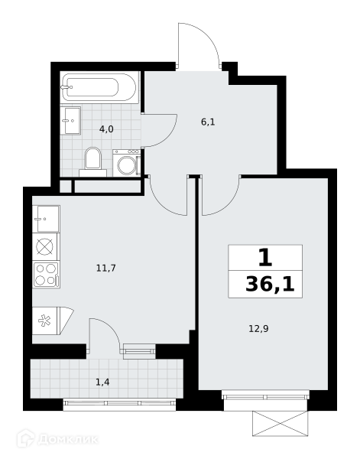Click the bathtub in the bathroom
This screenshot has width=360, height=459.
click(x=99, y=87)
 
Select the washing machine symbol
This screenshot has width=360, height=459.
click(x=127, y=163)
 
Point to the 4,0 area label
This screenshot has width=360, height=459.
click(x=106, y=129)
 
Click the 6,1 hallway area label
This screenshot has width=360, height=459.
click(x=208, y=122)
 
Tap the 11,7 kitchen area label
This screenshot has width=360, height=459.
click(x=106, y=268)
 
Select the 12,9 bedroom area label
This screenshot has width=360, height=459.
click(x=258, y=329)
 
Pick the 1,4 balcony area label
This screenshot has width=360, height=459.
click(x=102, y=382)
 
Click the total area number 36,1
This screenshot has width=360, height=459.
click(x=270, y=285)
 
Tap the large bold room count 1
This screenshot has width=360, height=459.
click(x=265, y=258)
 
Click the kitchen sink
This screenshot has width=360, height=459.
click(x=46, y=219)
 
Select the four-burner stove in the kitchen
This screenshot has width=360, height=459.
click(x=46, y=275)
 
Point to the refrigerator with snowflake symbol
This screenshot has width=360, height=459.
click(x=53, y=321)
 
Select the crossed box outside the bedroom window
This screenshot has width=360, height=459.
click(x=281, y=424)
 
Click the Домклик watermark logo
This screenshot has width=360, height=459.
click(x=57, y=439)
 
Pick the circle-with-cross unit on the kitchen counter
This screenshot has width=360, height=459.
click(x=45, y=246)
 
